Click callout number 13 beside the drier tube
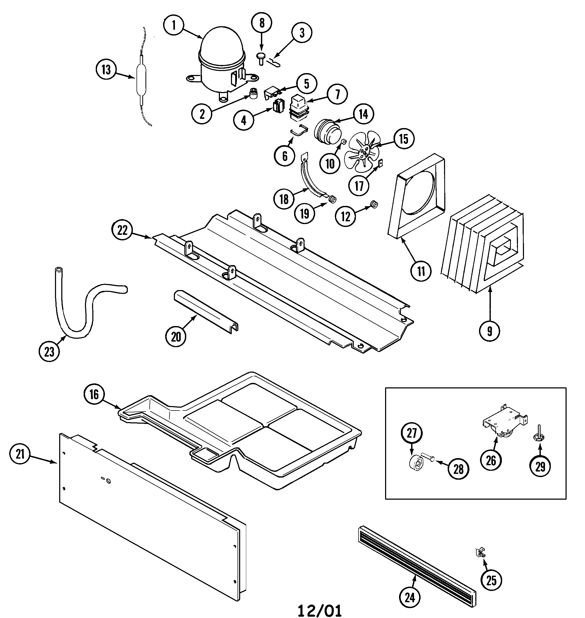click(x=106, y=70)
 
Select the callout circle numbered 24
click(x=410, y=597)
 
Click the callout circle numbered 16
click(x=94, y=394)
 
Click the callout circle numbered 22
click(x=122, y=230)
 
